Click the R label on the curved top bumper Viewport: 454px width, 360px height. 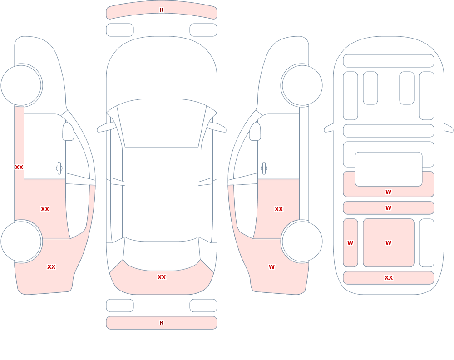coord(161,10)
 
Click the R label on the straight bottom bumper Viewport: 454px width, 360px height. coord(161,323)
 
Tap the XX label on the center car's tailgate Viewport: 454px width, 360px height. coord(162,277)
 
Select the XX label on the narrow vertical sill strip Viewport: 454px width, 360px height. coord(19,168)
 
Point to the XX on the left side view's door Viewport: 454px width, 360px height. coord(45,209)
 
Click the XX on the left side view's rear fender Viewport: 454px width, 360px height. coord(51,267)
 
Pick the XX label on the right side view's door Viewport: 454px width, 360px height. coord(279,209)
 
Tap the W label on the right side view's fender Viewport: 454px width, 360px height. coord(271,267)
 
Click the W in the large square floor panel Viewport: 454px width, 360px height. coord(388,243)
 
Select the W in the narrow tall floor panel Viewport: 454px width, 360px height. coord(350,243)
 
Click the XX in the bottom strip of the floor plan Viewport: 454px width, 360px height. coord(389,278)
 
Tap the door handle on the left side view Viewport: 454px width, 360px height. coord(59,168)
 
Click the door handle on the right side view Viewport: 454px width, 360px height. coord(264,168)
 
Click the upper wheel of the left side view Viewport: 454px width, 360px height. coord(21,85)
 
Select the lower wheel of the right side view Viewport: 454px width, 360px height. coord(302,242)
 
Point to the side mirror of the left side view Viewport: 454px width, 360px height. coord(68,132)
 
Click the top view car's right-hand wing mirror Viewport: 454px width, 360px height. coord(217,128)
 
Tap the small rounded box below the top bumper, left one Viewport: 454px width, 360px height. coord(120,30)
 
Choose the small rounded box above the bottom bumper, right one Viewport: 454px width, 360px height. coord(203,306)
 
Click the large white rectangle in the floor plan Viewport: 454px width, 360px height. coord(389,169)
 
